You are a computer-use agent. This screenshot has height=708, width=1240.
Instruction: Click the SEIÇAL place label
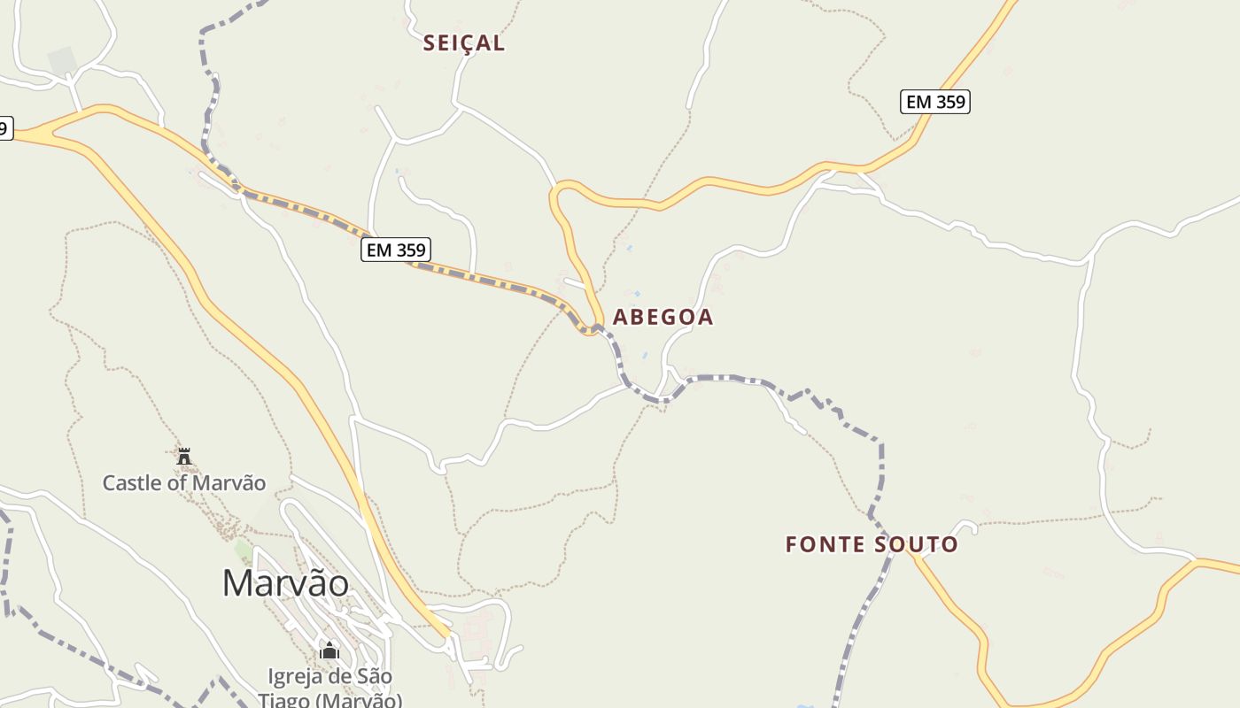pyautogui.click(x=463, y=43)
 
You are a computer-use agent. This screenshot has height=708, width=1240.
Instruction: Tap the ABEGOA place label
pyautogui.click(x=663, y=317)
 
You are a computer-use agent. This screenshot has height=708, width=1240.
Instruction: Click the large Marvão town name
pyautogui.click(x=285, y=583)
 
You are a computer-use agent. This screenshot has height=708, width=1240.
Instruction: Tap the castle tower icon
pyautogui.click(x=184, y=457)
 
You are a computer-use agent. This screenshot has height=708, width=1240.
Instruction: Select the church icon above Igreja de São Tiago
pyautogui.click(x=329, y=650)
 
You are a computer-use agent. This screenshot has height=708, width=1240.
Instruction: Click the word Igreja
pyautogui.click(x=298, y=677)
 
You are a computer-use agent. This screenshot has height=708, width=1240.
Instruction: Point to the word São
pyautogui.click(x=374, y=677)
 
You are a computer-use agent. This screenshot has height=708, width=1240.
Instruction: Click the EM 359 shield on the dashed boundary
pyautogui.click(x=397, y=250)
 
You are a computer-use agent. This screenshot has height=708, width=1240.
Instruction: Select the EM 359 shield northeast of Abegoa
pyautogui.click(x=935, y=102)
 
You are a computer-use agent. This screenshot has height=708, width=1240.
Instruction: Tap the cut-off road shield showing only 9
pyautogui.click(x=4, y=129)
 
